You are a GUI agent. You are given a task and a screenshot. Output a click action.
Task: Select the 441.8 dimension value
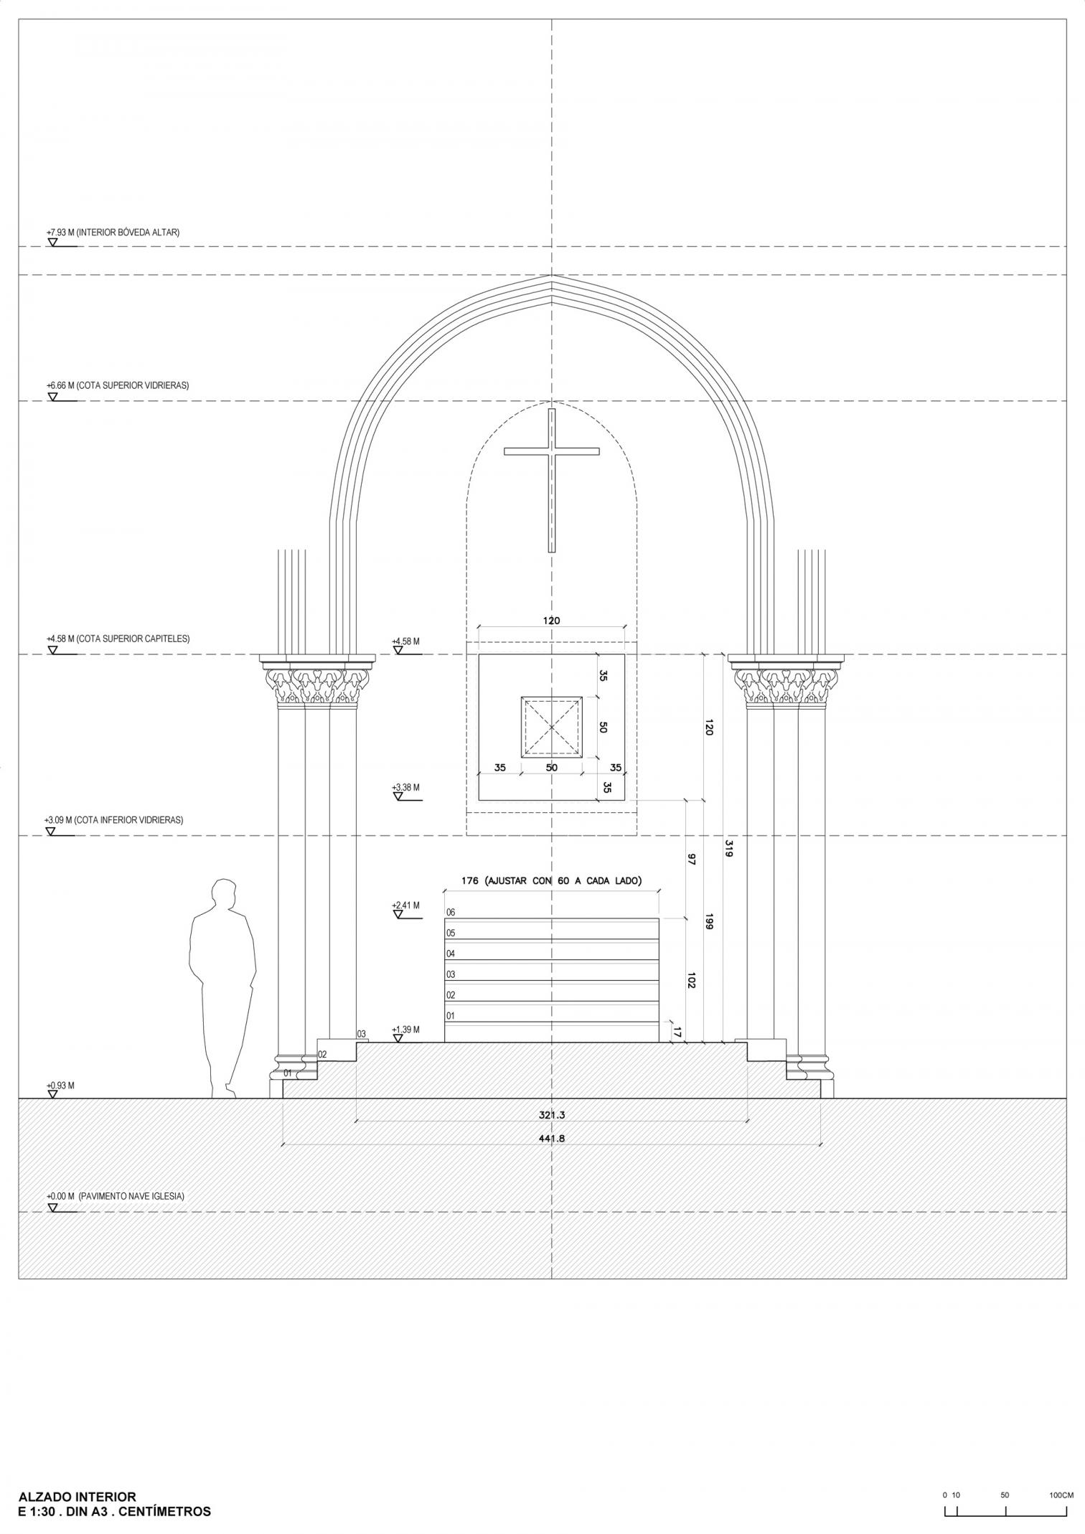pyautogui.click(x=551, y=1138)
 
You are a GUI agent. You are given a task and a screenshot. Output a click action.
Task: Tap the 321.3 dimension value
pyautogui.click(x=551, y=1116)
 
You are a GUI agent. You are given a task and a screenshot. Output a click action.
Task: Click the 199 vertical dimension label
pyautogui.click(x=708, y=922)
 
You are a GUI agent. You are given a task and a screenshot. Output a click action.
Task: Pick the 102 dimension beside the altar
pyautogui.click(x=691, y=980)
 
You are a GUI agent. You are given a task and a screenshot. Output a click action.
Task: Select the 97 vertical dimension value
pyautogui.click(x=691, y=860)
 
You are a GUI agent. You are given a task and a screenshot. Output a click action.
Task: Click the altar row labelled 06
pyautogui.click(x=551, y=929)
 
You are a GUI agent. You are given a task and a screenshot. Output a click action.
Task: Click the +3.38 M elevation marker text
pyautogui.click(x=406, y=787)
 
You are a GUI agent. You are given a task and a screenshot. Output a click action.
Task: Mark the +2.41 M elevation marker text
pyautogui.click(x=406, y=905)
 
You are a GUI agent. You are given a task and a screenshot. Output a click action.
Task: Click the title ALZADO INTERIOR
pyautogui.click(x=77, y=1477)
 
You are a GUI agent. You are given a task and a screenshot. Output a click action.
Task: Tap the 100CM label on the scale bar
pyautogui.click(x=1061, y=1475)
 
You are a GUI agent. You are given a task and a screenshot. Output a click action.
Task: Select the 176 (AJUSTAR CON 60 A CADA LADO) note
pyautogui.click(x=551, y=880)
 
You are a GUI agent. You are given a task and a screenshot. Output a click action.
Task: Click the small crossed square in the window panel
pyautogui.click(x=551, y=727)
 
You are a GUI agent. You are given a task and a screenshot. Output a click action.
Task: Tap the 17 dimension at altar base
pyautogui.click(x=676, y=1032)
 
